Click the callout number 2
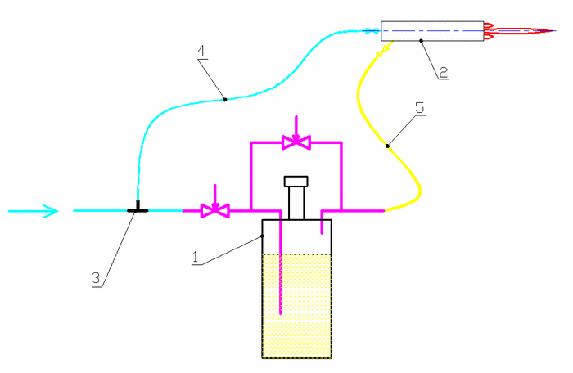tap(443, 72)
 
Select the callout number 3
tap(96, 278)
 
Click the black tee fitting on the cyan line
tap(138, 209)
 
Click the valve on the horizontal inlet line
tap(215, 210)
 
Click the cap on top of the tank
tap(295, 181)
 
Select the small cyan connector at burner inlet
tap(372, 31)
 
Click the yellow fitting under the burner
tap(381, 52)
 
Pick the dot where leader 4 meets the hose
tap(225, 99)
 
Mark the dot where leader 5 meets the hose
tap(387, 146)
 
